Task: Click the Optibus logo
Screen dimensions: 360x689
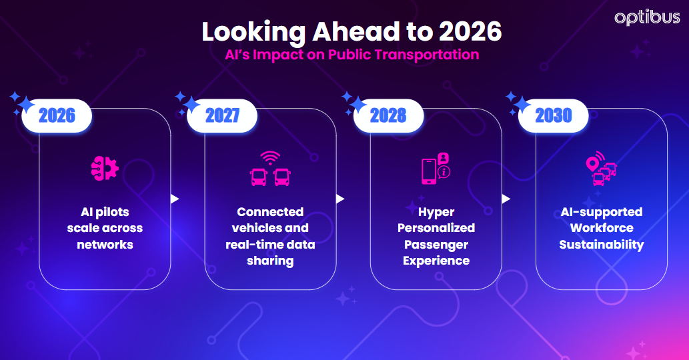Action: (x=647, y=18)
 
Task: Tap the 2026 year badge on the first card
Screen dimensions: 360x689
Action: (x=57, y=116)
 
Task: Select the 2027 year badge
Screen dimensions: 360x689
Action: (x=222, y=116)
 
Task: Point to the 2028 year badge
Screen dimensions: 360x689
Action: (x=388, y=116)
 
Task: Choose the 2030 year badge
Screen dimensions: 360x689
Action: (x=554, y=116)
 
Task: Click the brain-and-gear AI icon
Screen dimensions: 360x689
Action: (x=105, y=167)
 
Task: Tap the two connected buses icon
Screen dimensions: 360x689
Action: (x=270, y=171)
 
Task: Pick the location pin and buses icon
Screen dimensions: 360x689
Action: (x=601, y=169)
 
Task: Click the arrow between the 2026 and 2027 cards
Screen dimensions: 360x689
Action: (x=175, y=199)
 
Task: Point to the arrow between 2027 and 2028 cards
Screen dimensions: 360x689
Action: (x=340, y=199)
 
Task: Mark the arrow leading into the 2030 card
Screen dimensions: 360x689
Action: (x=506, y=199)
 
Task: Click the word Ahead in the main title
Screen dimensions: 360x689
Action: (x=338, y=32)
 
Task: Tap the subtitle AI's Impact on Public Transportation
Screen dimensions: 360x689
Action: (x=352, y=55)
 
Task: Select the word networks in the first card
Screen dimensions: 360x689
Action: (x=105, y=245)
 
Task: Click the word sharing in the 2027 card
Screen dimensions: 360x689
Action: (x=270, y=261)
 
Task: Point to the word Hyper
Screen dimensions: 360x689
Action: (x=436, y=212)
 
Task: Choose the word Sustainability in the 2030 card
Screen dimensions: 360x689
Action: (x=602, y=245)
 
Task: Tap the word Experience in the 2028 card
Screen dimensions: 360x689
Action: (x=436, y=261)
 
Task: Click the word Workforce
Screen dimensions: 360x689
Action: (x=602, y=228)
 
